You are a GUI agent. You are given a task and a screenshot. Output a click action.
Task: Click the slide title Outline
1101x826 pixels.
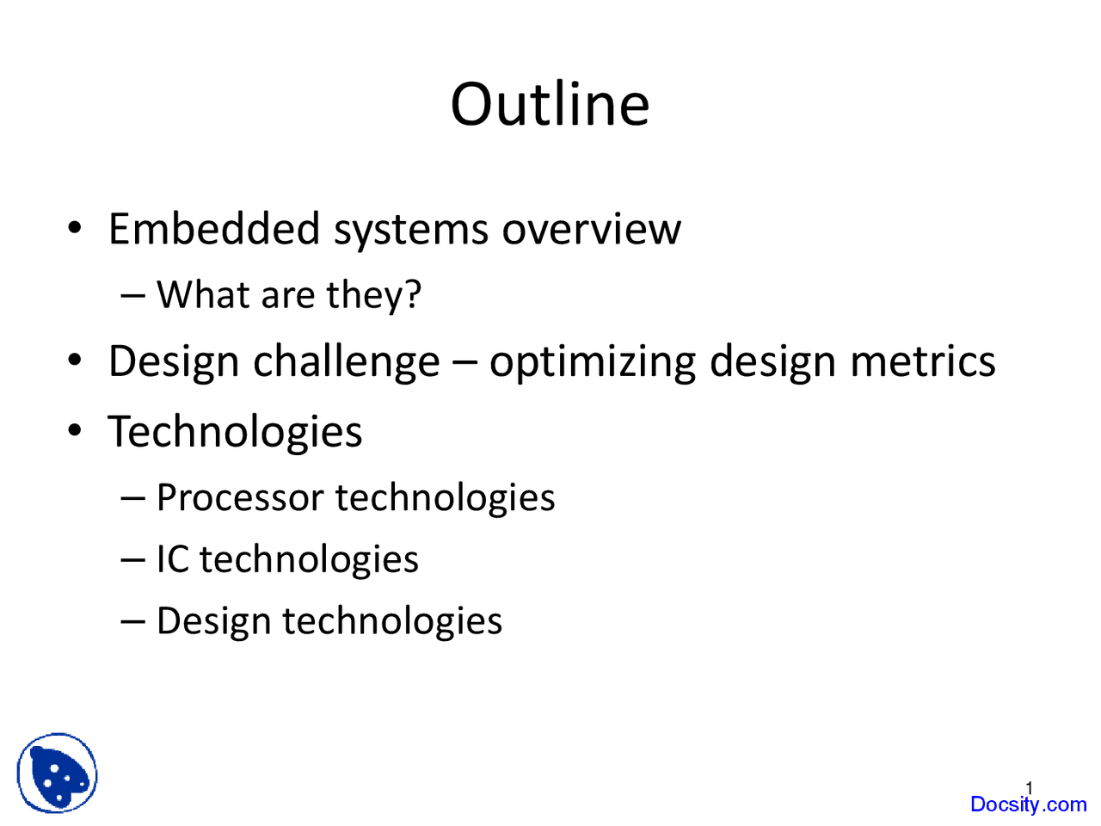(x=550, y=104)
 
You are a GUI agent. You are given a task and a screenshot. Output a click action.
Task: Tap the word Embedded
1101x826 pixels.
(x=214, y=229)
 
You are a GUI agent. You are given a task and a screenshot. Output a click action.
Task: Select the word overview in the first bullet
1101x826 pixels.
(x=592, y=230)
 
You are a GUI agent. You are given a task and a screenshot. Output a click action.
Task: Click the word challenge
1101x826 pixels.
(x=347, y=362)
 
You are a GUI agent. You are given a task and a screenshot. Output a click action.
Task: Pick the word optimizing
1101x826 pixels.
(x=593, y=362)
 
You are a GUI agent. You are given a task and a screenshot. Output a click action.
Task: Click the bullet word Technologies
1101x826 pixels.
(x=235, y=432)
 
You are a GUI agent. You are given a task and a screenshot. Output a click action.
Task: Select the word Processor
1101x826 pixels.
(x=240, y=497)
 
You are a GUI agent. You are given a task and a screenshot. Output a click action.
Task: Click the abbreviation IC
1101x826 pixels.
(x=173, y=558)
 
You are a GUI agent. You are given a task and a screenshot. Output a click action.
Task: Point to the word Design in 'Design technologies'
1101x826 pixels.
(x=213, y=622)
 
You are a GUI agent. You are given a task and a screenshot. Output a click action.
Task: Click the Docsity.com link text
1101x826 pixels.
(x=1028, y=804)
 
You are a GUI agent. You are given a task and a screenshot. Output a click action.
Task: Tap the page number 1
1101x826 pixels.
(x=1029, y=788)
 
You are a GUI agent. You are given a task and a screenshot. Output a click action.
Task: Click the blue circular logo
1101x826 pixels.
(x=57, y=773)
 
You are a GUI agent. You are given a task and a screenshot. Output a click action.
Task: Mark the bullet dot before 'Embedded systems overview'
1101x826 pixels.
(x=74, y=228)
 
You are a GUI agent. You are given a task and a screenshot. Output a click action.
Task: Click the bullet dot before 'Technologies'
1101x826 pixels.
(x=74, y=430)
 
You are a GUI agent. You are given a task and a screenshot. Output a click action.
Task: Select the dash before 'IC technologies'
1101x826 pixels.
(x=133, y=561)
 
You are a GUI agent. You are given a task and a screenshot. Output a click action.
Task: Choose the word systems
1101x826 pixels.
(x=411, y=231)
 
